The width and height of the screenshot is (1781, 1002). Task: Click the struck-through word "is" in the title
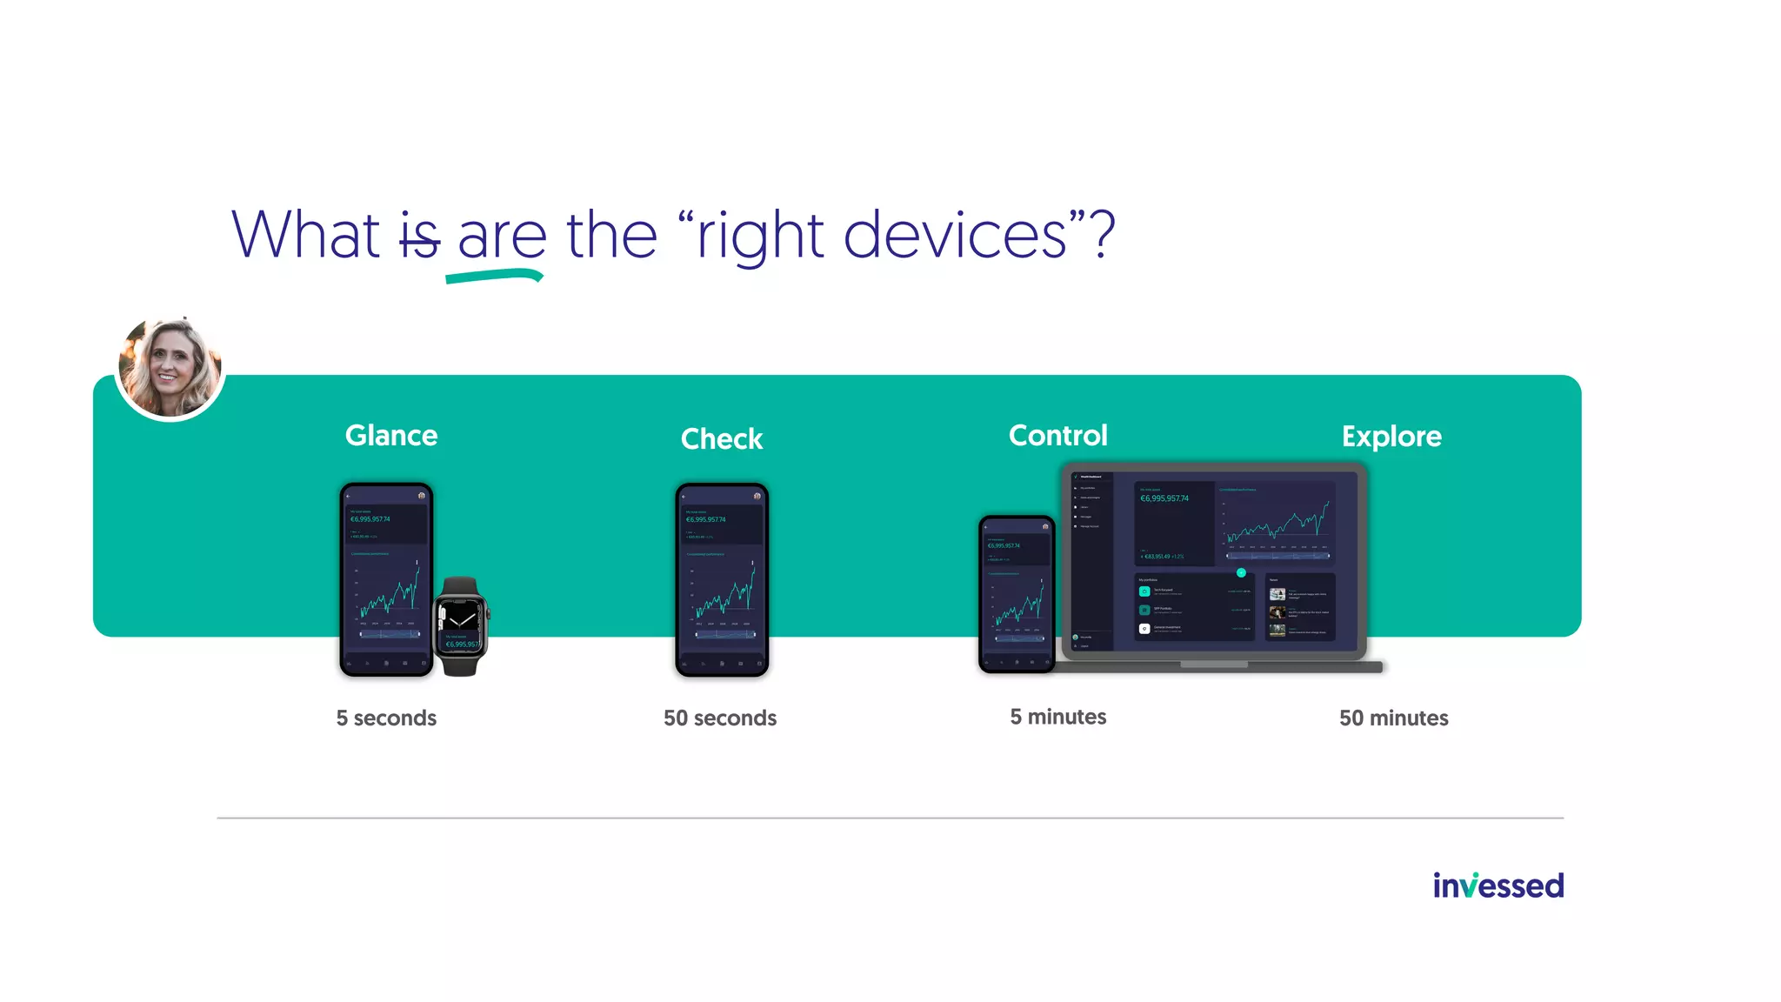tap(419, 237)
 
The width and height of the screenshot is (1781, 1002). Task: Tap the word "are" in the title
tap(502, 237)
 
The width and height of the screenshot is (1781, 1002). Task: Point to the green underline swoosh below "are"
tap(494, 277)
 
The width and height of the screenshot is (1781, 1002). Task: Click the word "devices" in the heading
tap(954, 235)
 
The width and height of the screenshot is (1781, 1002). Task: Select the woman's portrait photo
tap(170, 367)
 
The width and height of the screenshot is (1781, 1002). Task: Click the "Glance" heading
tap(391, 435)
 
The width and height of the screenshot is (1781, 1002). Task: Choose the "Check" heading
tap(722, 438)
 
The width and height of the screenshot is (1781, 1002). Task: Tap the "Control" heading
tap(1057, 435)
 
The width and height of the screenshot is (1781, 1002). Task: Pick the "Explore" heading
tap(1391, 436)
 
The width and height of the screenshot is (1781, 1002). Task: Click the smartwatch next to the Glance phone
tap(461, 626)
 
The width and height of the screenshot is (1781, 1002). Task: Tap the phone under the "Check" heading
tap(722, 580)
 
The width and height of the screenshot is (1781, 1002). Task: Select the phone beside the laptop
tap(1016, 594)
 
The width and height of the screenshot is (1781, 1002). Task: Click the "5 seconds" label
tap(386, 718)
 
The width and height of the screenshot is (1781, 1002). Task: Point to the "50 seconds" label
tap(720, 718)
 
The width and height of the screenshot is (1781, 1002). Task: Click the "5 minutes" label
tap(1057, 717)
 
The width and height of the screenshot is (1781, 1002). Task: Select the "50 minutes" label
tap(1393, 718)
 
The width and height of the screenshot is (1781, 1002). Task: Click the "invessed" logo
tap(1498, 885)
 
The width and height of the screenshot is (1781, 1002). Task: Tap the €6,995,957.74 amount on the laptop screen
tap(1164, 498)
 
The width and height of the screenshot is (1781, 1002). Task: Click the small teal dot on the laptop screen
tap(1241, 572)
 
